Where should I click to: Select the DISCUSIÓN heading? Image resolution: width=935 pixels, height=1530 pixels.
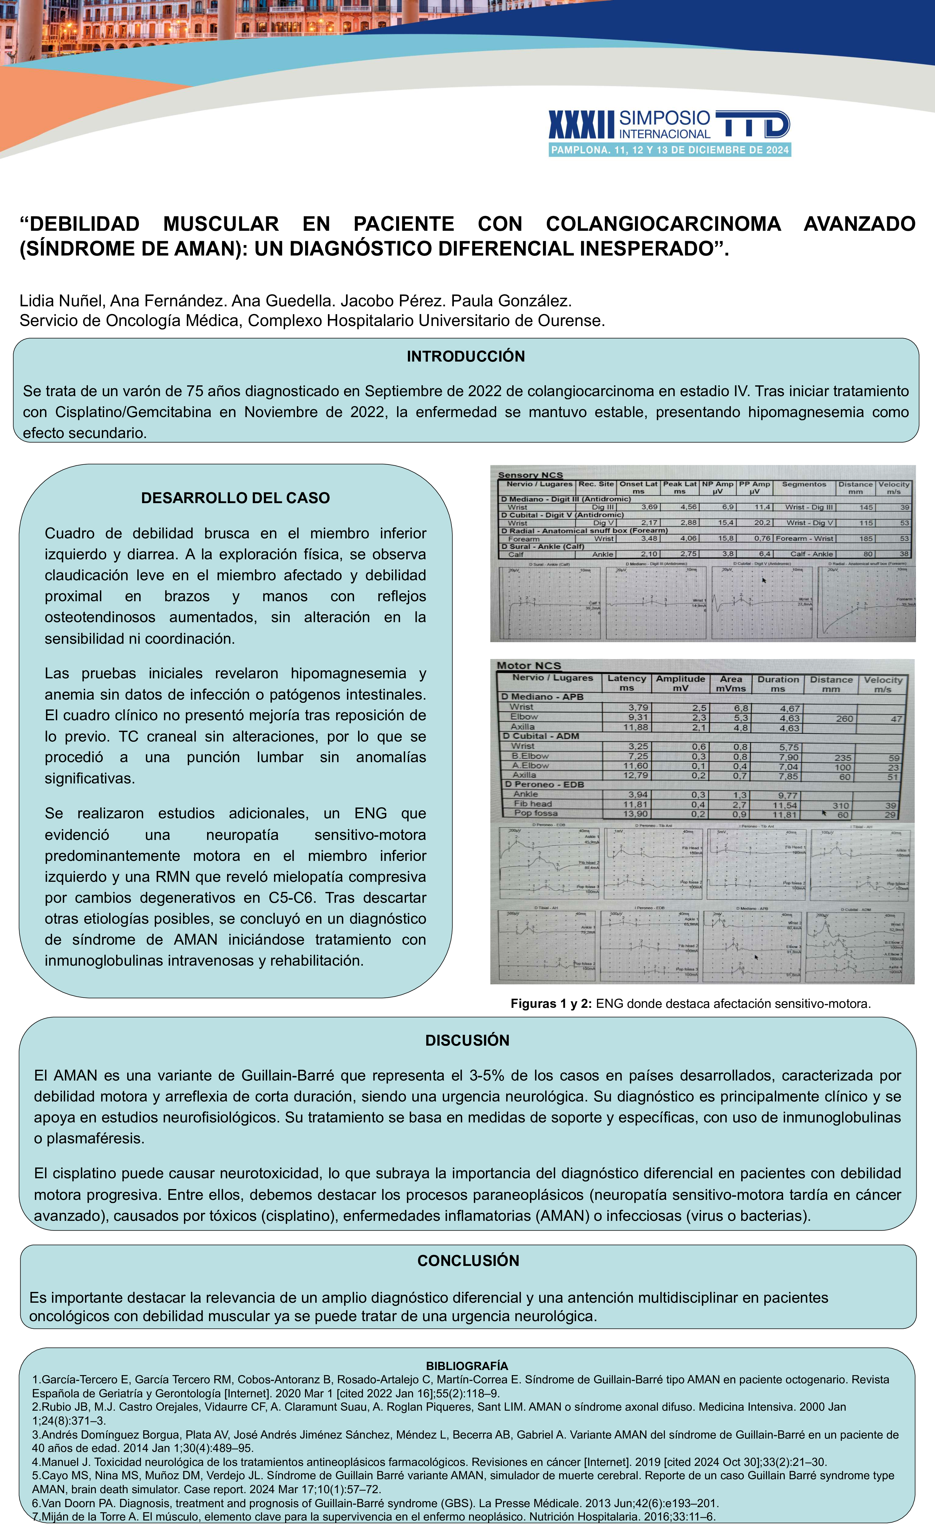[x=467, y=1040]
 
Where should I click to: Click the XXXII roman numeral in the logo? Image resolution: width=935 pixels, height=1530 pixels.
[x=581, y=125]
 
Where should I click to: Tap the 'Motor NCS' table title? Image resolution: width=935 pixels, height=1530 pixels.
[x=529, y=666]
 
